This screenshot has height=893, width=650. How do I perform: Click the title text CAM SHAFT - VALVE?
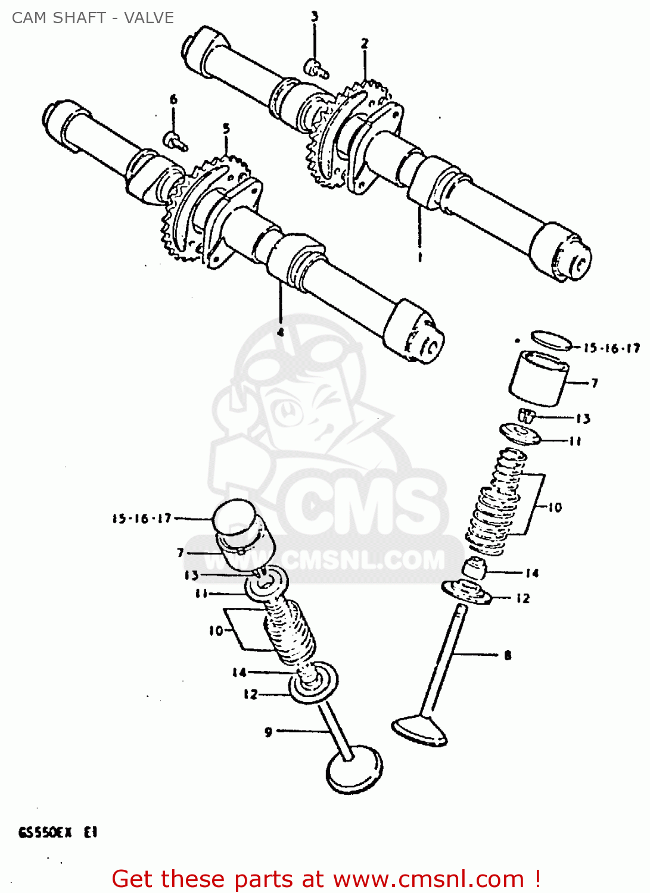pyautogui.click(x=93, y=18)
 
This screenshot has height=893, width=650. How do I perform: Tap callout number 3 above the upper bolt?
pyautogui.click(x=315, y=17)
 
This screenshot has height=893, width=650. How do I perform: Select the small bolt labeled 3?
pyautogui.click(x=315, y=69)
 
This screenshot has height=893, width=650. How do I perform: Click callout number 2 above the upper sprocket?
pyautogui.click(x=364, y=43)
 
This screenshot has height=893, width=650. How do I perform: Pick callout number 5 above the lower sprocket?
pyautogui.click(x=226, y=129)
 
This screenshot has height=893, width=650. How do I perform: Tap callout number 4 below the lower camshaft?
pyautogui.click(x=280, y=332)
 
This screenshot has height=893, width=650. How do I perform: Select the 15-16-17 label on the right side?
pyautogui.click(x=611, y=348)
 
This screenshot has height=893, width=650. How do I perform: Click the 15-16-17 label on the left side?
pyautogui.click(x=142, y=519)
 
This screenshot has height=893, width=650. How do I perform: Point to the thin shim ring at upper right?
pyautogui.click(x=551, y=340)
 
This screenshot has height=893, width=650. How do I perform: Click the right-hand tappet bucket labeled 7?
pyautogui.click(x=539, y=379)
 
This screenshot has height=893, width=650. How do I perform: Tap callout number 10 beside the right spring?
pyautogui.click(x=555, y=507)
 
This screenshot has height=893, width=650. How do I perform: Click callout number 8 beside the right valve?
pyautogui.click(x=508, y=655)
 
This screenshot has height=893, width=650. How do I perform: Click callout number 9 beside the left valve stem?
pyautogui.click(x=268, y=732)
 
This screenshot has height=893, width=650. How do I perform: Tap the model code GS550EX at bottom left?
pyautogui.click(x=45, y=833)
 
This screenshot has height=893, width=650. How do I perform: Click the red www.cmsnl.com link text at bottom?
pyautogui.click(x=430, y=879)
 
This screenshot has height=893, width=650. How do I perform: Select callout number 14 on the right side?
pyautogui.click(x=532, y=573)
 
